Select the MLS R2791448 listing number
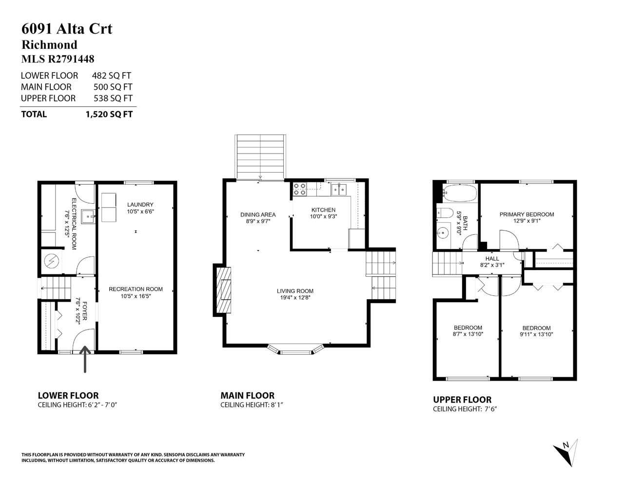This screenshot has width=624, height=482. click(58, 59)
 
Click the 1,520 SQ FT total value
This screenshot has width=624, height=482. click(109, 114)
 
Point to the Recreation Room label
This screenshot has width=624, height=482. click(136, 289)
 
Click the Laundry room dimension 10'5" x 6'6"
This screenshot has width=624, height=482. click(140, 212)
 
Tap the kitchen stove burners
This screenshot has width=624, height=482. click(299, 190)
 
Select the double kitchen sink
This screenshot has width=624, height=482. click(339, 190)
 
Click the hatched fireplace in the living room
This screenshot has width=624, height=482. click(224, 290)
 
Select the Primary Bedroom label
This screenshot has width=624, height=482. click(526, 214)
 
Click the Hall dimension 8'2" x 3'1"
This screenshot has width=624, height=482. click(492, 265)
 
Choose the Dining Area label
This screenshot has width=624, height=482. click(258, 215)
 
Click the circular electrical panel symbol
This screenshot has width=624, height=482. click(52, 261)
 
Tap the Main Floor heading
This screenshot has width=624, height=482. click(248, 396)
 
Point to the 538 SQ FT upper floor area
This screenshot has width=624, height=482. click(113, 98)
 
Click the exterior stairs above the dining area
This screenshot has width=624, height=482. click(260, 157)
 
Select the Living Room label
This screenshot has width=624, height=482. click(295, 291)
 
